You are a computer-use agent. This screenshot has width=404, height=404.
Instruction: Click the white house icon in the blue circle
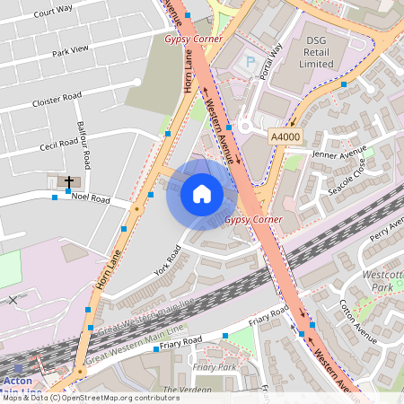pos(202,194)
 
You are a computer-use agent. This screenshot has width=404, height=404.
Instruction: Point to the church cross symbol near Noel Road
pos(69,182)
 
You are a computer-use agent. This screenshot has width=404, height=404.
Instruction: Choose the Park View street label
pos(70,50)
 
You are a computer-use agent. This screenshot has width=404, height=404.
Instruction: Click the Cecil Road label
pos(60,144)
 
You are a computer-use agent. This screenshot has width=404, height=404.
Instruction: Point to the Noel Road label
pos(90,198)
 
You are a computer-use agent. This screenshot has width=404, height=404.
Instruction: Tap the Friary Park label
pos(214,367)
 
